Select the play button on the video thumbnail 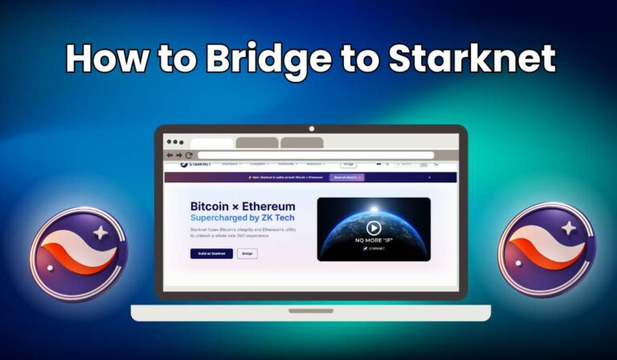pyautogui.click(x=374, y=228)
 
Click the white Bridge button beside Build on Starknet pyautogui.click(x=247, y=253)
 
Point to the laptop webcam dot pyautogui.click(x=311, y=129)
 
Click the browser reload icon pyautogui.click(x=189, y=154)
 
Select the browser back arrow pyautogui.click(x=170, y=154)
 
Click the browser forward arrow pyautogui.click(x=179, y=154)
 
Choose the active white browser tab pyautogui.click(x=212, y=143)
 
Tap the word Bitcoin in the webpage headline pyautogui.click(x=213, y=207)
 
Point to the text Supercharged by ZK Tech pyautogui.click(x=242, y=218)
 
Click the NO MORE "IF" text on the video pyautogui.click(x=374, y=241)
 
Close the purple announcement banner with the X pyautogui.click(x=429, y=177)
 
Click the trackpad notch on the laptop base pyautogui.click(x=311, y=310)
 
